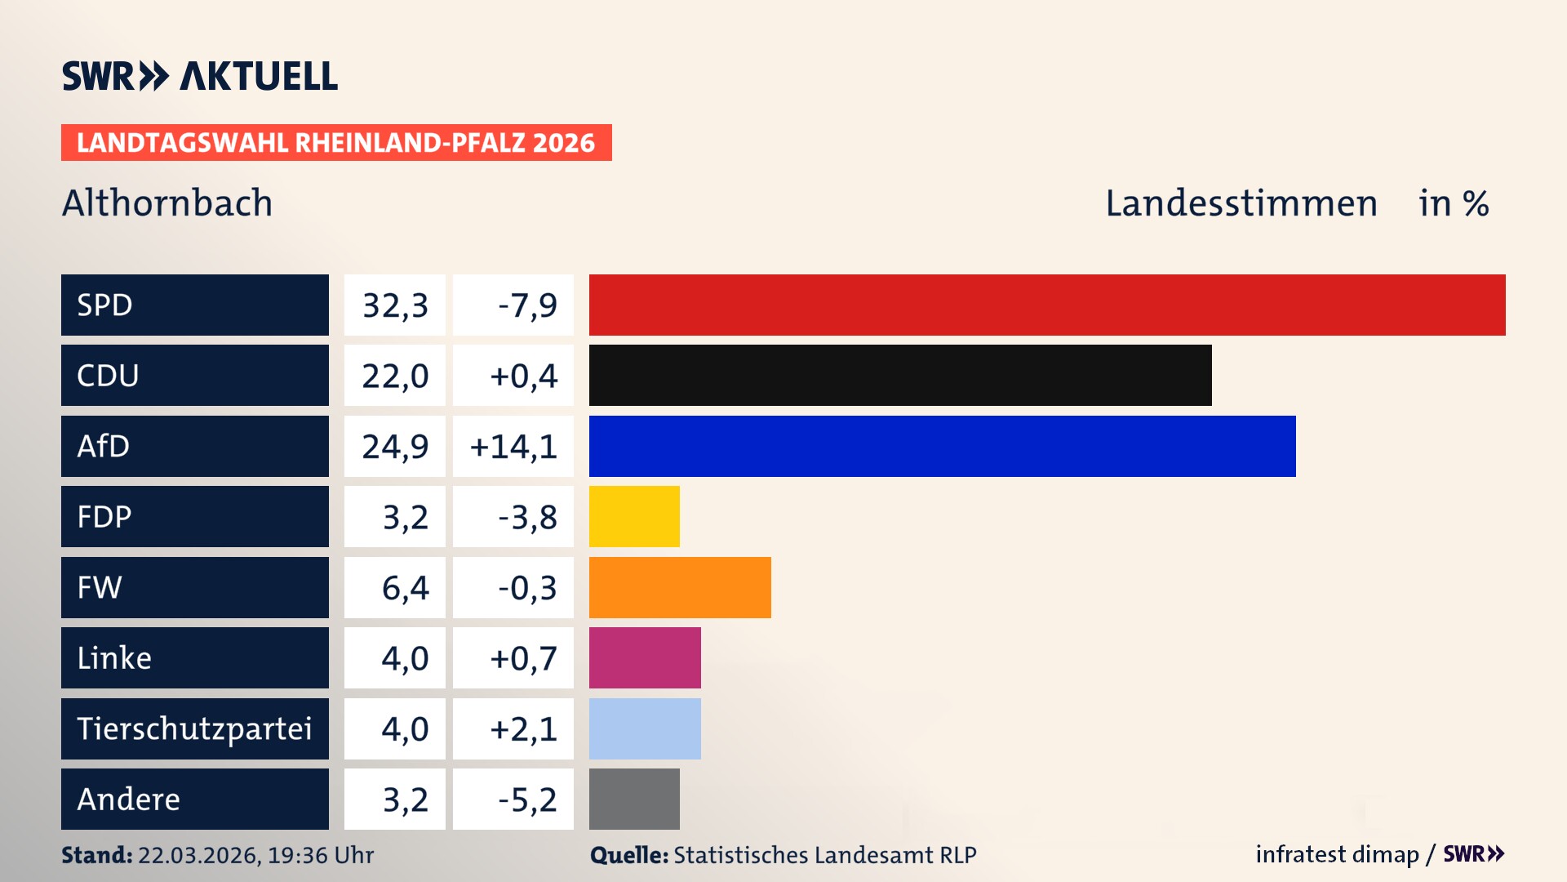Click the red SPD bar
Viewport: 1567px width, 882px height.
(1047, 305)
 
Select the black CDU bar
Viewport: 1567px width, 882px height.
(900, 376)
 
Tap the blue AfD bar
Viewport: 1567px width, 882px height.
(942, 446)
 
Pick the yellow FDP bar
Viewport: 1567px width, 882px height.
(634, 517)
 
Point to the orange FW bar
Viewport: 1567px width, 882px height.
(680, 587)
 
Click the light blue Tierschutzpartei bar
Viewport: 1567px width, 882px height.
(645, 728)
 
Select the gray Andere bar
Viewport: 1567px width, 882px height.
(634, 799)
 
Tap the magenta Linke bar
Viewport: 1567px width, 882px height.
(645, 658)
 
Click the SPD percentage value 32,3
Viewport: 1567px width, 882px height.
(395, 305)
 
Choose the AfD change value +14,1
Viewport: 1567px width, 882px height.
(513, 447)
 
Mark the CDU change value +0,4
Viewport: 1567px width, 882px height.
(523, 376)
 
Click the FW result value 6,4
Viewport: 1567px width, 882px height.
(405, 588)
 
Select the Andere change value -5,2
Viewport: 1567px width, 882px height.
(527, 800)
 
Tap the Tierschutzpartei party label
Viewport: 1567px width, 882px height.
(194, 728)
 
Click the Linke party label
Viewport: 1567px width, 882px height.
(114, 658)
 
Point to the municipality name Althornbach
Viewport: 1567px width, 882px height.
(167, 203)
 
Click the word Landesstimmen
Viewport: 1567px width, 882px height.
(1241, 203)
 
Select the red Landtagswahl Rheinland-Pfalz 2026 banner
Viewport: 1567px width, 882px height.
(336, 143)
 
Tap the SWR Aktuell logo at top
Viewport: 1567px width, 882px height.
(200, 76)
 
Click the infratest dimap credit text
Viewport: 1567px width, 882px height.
(1336, 854)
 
